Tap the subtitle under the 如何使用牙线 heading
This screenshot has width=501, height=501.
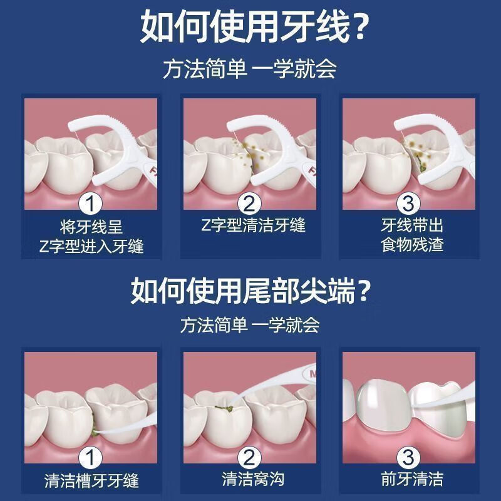250,68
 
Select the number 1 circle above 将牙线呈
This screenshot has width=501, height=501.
92,204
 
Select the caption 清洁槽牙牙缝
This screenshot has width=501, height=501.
92,481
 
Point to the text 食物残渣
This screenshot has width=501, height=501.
412,245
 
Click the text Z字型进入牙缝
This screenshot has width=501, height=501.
91,246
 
